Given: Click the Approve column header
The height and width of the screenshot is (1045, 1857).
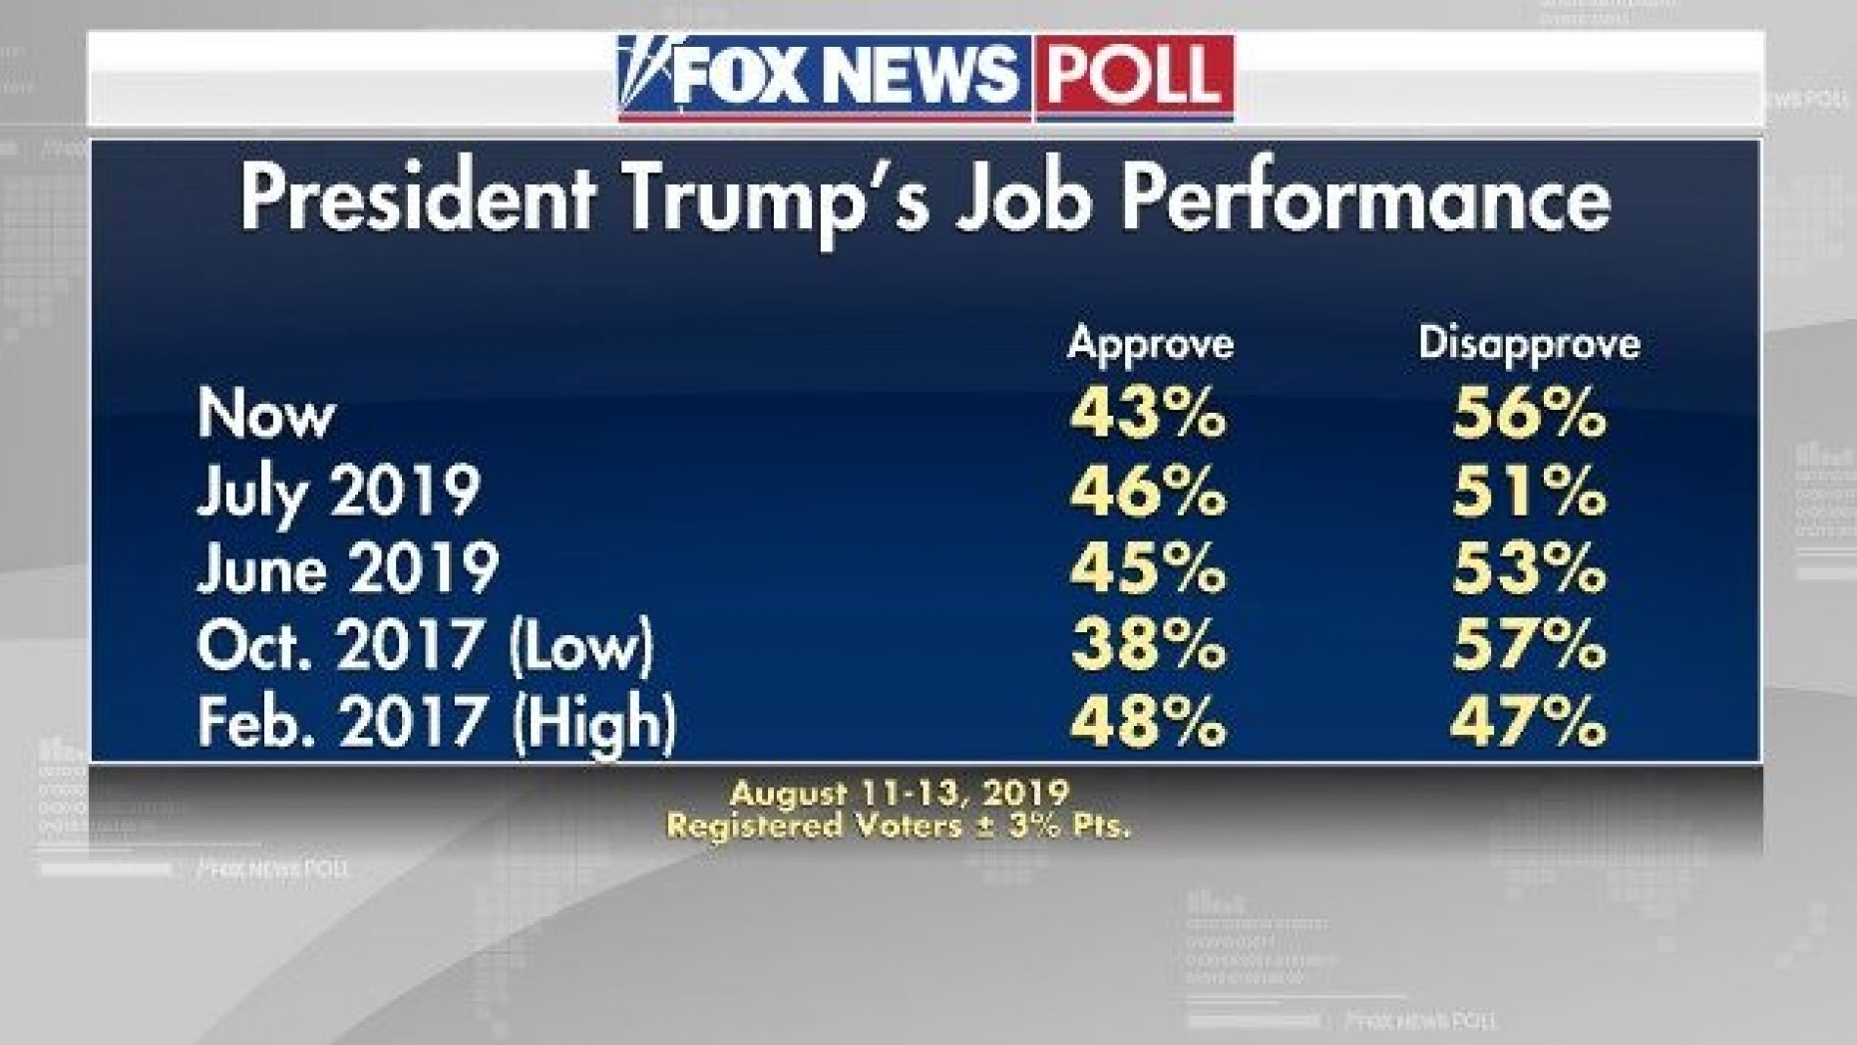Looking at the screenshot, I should (1150, 345).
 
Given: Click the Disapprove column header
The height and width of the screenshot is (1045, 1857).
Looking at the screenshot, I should (1529, 344).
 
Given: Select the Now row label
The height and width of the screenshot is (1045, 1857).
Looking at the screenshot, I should (265, 413).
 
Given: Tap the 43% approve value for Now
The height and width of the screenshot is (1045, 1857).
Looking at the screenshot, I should (1148, 413).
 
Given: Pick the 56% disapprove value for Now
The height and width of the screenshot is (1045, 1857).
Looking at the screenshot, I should (1529, 413).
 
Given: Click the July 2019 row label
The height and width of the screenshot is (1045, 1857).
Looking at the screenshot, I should (338, 492).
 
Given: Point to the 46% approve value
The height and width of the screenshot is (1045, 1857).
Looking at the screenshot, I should (1148, 491).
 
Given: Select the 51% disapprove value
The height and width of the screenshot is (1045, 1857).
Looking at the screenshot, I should (1529, 491).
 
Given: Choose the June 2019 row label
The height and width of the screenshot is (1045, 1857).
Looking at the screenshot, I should (347, 568).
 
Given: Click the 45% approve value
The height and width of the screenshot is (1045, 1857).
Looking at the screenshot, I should (1148, 568).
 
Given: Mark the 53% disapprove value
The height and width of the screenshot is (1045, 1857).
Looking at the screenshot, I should (1529, 568).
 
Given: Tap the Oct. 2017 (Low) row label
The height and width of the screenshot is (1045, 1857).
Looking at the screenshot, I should (425, 645).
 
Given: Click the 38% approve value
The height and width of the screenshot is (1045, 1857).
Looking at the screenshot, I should (1148, 645).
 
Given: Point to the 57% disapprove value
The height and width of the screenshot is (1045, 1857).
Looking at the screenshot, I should (1529, 645).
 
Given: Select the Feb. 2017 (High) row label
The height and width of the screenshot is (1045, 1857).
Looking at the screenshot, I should (436, 722).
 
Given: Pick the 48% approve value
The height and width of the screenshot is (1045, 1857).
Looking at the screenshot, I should (1148, 722).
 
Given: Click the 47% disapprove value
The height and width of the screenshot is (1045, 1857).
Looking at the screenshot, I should (1529, 722).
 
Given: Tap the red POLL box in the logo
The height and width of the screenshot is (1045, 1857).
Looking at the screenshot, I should (1134, 77).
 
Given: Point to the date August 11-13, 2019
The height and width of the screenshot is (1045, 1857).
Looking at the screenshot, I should (899, 794).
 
